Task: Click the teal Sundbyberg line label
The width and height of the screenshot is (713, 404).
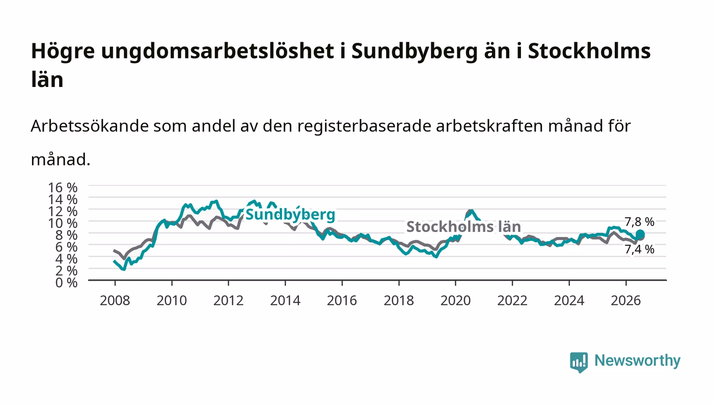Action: point(290,215)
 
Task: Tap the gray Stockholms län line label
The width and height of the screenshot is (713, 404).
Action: point(463,227)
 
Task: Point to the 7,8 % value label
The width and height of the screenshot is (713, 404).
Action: point(639,222)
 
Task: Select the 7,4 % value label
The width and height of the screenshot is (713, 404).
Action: point(639,249)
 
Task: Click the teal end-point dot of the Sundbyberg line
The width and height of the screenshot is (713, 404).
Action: point(640,235)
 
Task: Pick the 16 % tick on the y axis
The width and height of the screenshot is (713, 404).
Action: point(62,188)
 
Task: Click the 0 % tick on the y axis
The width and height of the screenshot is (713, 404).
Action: point(66,282)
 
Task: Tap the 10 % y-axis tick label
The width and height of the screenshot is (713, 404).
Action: point(62,223)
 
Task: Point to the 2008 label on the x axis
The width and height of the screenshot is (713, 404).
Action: point(115,301)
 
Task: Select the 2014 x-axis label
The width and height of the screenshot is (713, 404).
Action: point(285,301)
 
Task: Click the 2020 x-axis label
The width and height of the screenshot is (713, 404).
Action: point(455,301)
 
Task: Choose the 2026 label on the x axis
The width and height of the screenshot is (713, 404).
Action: point(626,301)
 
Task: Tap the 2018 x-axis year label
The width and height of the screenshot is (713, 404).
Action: point(399,301)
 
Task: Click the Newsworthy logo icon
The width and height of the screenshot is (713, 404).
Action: point(579,362)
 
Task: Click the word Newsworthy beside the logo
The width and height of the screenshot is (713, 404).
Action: point(637,361)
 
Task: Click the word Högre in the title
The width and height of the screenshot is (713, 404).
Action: point(63,51)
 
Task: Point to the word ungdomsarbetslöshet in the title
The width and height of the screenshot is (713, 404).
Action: point(217,51)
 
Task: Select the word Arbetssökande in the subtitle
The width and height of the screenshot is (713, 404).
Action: point(90,126)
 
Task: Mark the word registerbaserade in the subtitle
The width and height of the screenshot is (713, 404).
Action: point(364,127)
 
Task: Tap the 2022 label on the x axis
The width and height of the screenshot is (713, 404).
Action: point(512,301)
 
